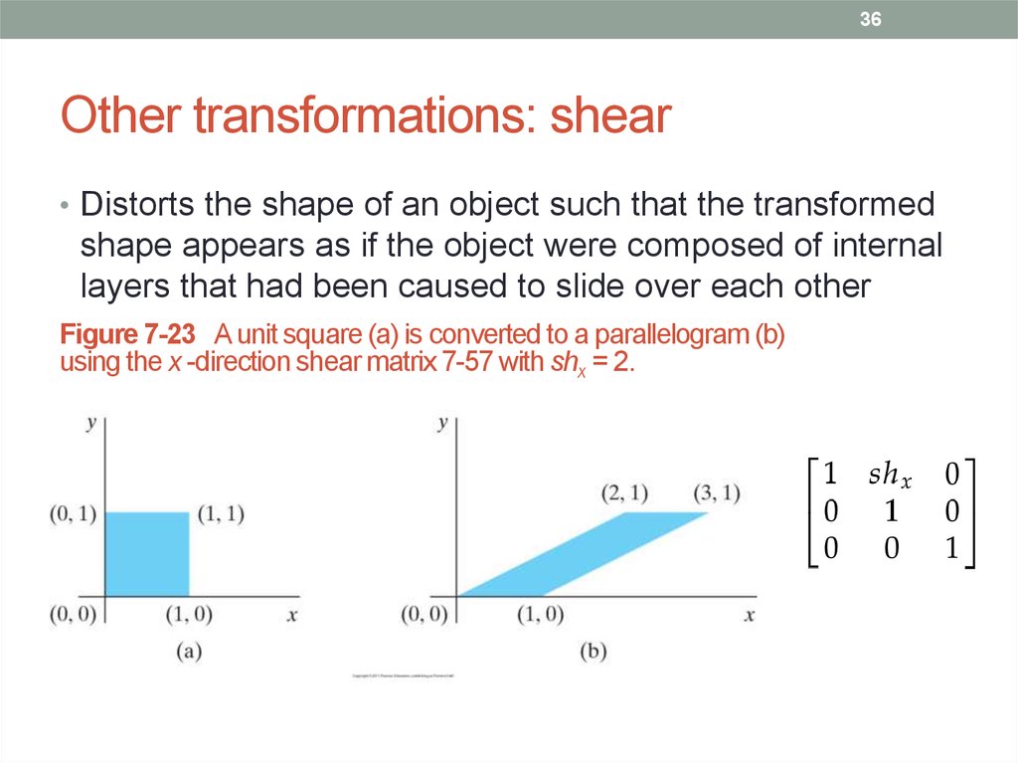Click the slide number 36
point(871,20)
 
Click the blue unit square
point(146,553)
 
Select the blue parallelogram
point(583,554)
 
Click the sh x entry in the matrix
point(889,476)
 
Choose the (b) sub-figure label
point(593,652)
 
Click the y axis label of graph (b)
point(442,424)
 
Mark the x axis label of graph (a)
point(292,615)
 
